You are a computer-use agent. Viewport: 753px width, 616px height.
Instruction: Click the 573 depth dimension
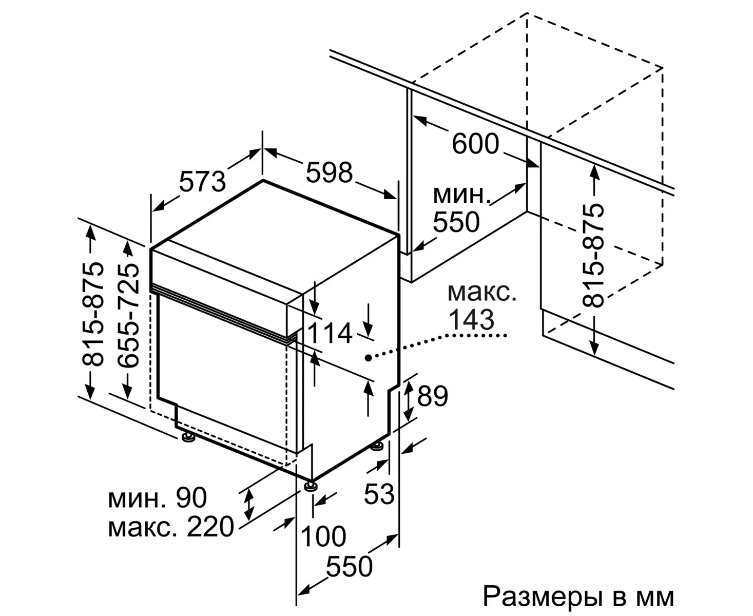tap(203, 181)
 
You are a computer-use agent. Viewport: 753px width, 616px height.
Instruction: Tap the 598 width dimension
tap(329, 172)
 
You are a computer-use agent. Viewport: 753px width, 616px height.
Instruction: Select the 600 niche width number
tap(475, 144)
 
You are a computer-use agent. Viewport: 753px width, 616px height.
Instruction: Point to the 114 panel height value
tap(330, 334)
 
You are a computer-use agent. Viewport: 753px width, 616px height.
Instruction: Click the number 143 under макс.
tap(472, 319)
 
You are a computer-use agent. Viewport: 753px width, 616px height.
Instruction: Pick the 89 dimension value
tap(432, 396)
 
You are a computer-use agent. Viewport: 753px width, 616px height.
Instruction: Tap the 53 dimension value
tap(379, 494)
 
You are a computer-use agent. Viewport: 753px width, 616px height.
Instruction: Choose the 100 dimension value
tap(323, 537)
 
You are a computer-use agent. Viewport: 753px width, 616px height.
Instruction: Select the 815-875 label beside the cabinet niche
tap(594, 255)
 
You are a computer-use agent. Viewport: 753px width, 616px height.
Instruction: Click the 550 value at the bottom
tap(350, 566)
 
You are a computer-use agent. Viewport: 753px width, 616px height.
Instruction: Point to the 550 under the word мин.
tap(456, 222)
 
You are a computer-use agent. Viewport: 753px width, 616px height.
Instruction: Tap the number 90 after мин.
tap(191, 497)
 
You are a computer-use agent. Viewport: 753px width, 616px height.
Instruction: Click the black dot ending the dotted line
tap(368, 357)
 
